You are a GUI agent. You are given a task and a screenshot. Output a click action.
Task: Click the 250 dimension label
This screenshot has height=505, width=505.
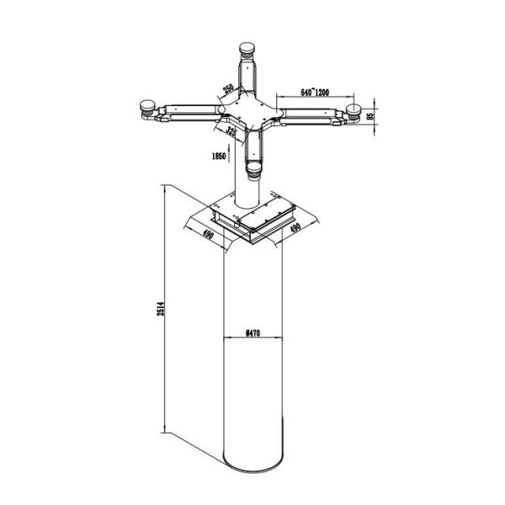pyautogui.click(x=228, y=90)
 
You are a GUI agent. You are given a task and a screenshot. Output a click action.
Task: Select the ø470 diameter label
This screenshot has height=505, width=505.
pyautogui.click(x=252, y=333)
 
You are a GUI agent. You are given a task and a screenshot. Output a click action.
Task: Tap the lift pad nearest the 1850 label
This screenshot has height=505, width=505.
pyautogui.click(x=255, y=172)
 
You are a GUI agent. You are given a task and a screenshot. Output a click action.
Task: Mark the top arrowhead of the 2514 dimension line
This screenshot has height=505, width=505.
pyautogui.click(x=163, y=190)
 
